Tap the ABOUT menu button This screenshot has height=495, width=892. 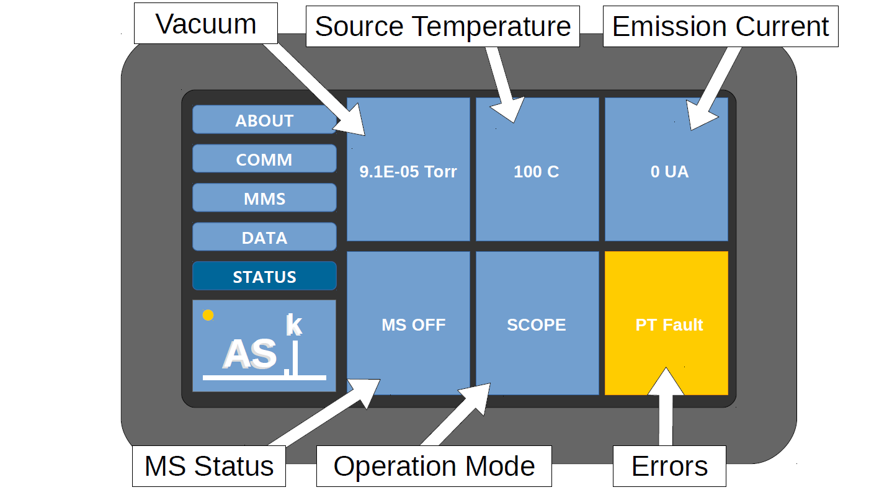[264, 120]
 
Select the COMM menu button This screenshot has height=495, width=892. [264, 159]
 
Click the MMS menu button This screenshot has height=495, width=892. [264, 197]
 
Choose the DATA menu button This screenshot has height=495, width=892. [264, 236]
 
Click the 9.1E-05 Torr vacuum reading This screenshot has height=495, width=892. [408, 172]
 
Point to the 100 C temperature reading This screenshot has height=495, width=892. [537, 172]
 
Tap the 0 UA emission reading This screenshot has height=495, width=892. [669, 172]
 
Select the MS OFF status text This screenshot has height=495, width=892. [413, 325]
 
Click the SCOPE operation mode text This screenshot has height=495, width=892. [537, 325]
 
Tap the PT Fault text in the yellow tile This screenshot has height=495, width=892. [669, 325]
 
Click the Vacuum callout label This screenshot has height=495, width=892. [206, 24]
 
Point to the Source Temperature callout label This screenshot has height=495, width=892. [443, 26]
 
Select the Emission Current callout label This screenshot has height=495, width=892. [721, 26]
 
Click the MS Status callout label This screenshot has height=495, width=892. [209, 466]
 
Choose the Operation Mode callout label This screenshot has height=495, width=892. [434, 466]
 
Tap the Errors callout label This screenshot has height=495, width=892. [669, 466]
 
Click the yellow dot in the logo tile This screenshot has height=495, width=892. [208, 315]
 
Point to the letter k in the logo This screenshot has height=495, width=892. [294, 324]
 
